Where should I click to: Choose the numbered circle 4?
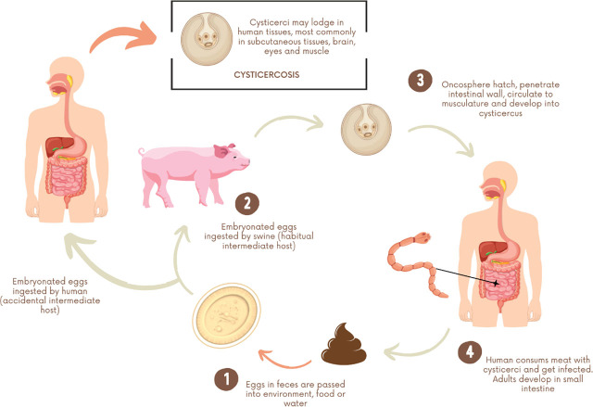470,353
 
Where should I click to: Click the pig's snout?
246,159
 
